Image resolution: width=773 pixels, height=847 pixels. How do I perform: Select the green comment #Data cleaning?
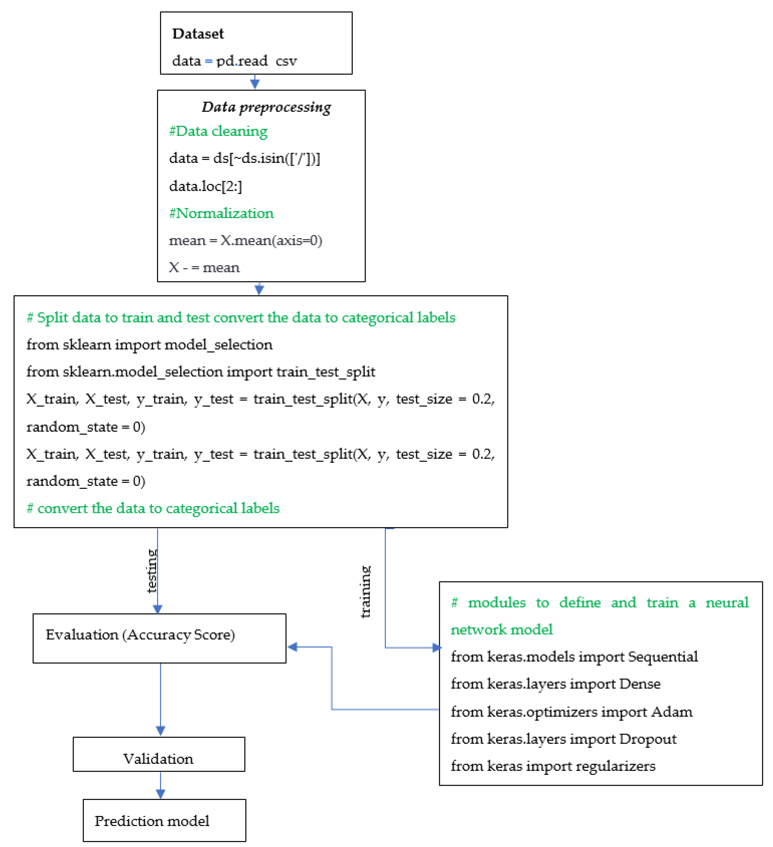[x=218, y=132]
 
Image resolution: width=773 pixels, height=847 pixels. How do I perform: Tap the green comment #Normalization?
[x=221, y=213]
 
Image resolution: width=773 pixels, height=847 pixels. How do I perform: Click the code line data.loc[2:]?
[x=205, y=186]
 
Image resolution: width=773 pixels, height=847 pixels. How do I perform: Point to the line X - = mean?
[x=204, y=268]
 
